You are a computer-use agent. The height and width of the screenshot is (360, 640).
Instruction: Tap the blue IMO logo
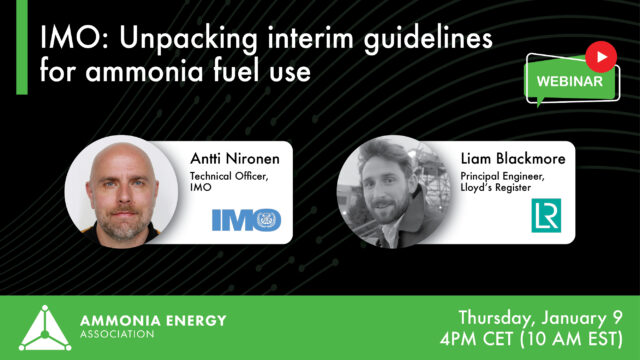click(x=246, y=220)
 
